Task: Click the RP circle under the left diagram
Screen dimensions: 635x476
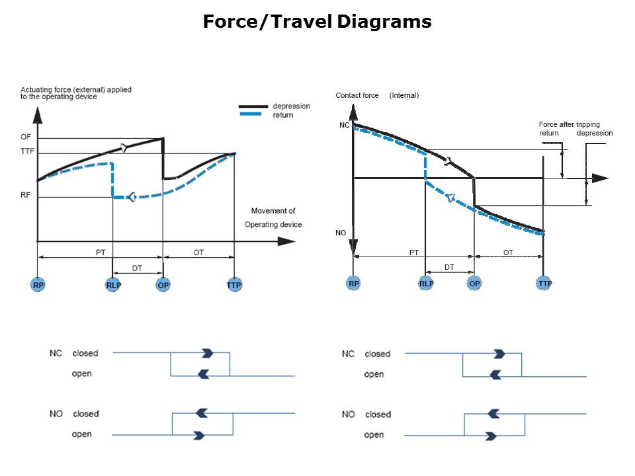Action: coord(38,284)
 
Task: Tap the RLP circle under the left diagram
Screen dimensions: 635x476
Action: coord(113,284)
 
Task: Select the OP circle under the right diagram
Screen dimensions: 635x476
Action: coord(474,284)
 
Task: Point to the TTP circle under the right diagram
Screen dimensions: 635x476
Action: coord(544,284)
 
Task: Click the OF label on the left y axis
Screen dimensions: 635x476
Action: coord(26,137)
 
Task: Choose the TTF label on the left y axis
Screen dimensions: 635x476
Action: coord(27,151)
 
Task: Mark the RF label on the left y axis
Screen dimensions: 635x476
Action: coord(25,195)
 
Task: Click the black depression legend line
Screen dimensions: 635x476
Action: coord(253,106)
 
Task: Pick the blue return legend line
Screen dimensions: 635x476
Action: coord(251,114)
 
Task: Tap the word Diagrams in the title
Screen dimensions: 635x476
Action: coord(384,21)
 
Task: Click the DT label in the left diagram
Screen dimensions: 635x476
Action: coord(137,268)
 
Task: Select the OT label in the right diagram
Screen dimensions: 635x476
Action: coord(508,253)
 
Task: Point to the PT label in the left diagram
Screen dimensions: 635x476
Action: coord(101,253)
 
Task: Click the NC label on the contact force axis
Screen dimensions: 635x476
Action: coord(344,125)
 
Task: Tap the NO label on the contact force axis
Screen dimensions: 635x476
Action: coord(341,233)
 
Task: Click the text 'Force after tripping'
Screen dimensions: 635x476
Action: coord(569,124)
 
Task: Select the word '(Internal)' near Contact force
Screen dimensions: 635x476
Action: coord(403,95)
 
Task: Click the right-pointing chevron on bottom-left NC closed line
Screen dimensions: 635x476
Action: coord(207,353)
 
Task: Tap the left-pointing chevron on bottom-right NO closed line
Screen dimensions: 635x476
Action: coord(493,414)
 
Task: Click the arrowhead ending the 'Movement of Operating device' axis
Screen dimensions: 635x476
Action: coord(286,241)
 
